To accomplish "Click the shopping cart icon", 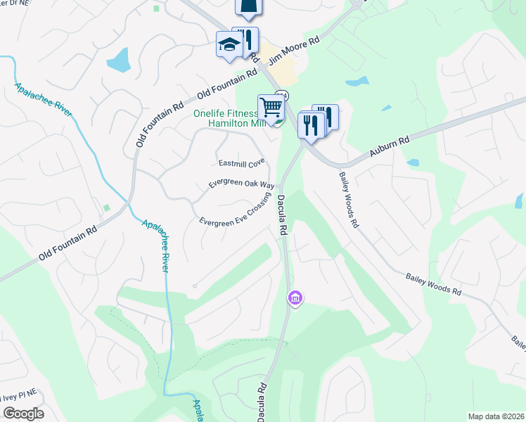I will click(x=271, y=108).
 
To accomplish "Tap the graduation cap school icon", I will click(x=230, y=45).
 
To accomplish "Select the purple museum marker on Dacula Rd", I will click(x=295, y=299).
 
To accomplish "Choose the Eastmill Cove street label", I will click(x=241, y=163).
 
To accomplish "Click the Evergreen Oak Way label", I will click(x=241, y=184).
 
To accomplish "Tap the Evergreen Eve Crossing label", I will click(x=235, y=211).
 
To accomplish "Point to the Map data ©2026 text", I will click(x=495, y=416).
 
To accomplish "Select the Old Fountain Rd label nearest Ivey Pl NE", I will click(x=68, y=243).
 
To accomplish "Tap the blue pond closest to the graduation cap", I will click(x=121, y=60).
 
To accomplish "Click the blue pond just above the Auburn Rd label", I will click(x=413, y=162).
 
